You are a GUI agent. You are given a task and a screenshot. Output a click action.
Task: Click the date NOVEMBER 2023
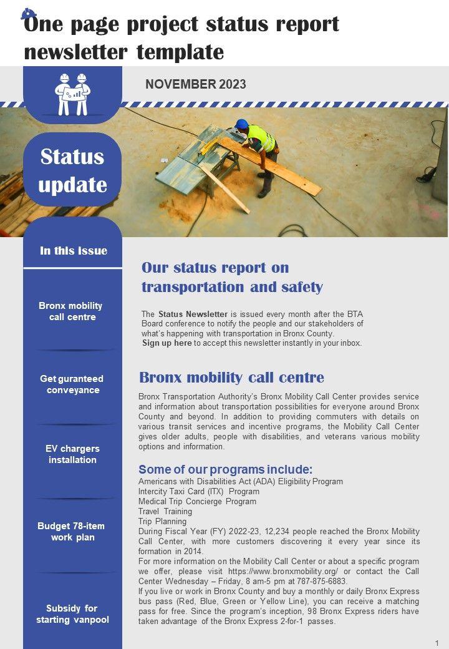point(195,84)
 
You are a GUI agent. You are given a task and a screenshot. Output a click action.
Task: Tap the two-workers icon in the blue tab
point(72,94)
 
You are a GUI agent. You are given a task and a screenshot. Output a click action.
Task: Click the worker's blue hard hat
point(242,124)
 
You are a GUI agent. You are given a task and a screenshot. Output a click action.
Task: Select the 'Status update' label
point(72,170)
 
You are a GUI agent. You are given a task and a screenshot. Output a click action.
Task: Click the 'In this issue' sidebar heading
point(73,251)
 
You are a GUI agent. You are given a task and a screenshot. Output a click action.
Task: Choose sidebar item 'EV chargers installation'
point(72,454)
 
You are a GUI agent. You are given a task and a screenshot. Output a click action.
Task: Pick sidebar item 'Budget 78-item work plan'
point(71,532)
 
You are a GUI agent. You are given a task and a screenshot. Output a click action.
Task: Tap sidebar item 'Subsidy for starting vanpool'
point(72,614)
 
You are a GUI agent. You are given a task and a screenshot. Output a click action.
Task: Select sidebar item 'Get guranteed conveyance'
point(72,384)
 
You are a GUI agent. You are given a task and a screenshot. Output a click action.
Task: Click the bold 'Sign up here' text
point(167,343)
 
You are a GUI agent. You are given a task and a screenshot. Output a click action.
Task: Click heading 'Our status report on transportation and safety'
point(232,277)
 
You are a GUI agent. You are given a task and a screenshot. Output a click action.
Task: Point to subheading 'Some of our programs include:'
point(225,469)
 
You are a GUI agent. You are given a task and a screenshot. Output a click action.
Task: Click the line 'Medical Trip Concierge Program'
point(197,501)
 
